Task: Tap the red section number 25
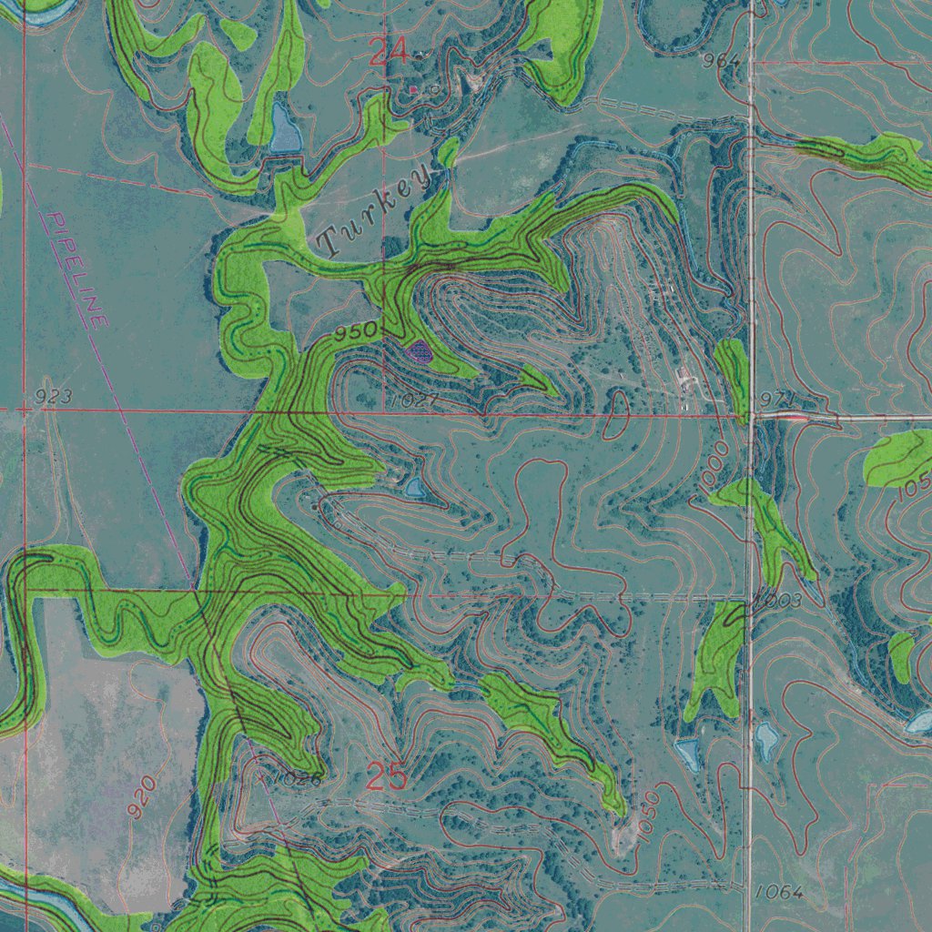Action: point(387,777)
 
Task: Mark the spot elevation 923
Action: point(53,397)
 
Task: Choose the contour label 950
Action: point(354,333)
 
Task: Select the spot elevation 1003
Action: point(778,601)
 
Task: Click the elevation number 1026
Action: point(296,779)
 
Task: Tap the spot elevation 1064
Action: point(779,892)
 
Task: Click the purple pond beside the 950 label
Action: point(419,351)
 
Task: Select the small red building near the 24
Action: point(413,89)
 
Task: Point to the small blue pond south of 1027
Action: point(415,488)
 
